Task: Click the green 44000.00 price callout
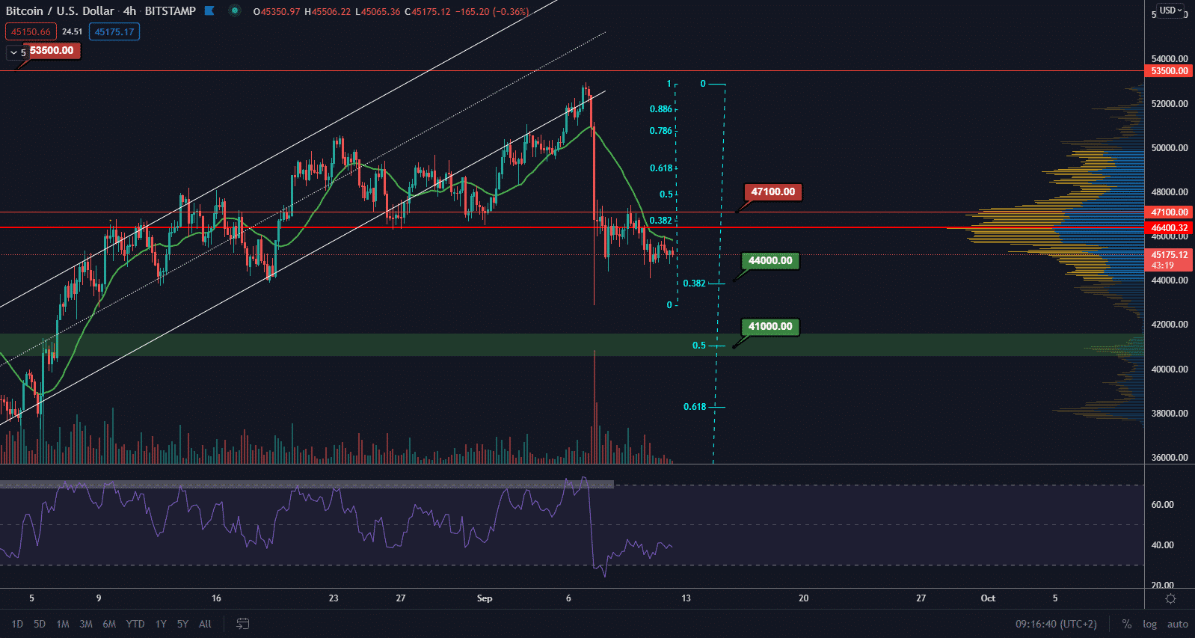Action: (x=770, y=261)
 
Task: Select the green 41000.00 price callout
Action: (x=770, y=327)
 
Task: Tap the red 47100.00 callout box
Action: (x=772, y=192)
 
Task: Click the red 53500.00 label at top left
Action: (x=52, y=51)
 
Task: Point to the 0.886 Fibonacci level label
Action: (x=660, y=109)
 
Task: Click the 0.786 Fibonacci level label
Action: (x=660, y=131)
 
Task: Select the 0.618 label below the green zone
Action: (x=694, y=407)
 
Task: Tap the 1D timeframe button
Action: (x=17, y=624)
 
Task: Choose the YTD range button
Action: (x=135, y=624)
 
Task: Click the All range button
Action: (x=205, y=624)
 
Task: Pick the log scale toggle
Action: (x=1149, y=624)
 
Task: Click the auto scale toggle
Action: (x=1177, y=624)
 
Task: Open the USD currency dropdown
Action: (x=1170, y=10)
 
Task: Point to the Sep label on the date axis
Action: (x=485, y=598)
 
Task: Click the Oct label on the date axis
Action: (x=988, y=598)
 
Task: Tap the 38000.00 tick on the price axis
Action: (x=1170, y=414)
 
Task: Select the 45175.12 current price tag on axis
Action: (x=1169, y=255)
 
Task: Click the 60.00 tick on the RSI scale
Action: (x=1162, y=505)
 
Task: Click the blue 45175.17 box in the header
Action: (x=114, y=32)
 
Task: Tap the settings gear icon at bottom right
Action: (x=1170, y=598)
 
